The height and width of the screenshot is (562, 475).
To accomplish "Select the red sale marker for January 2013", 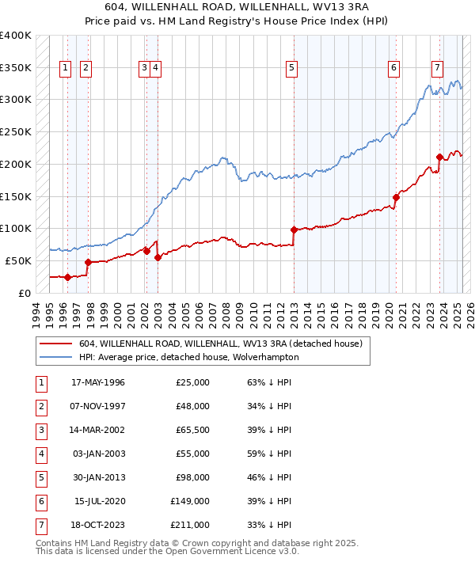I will [x=294, y=230].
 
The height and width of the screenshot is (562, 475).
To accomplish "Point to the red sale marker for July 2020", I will [x=396, y=197].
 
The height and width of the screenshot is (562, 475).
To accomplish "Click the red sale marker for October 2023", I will [x=439, y=157].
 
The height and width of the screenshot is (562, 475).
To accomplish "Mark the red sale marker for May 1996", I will [x=67, y=277].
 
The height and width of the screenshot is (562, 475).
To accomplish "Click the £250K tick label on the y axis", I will [x=16, y=131].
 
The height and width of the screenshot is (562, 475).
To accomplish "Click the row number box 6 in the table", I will [x=40, y=502].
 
